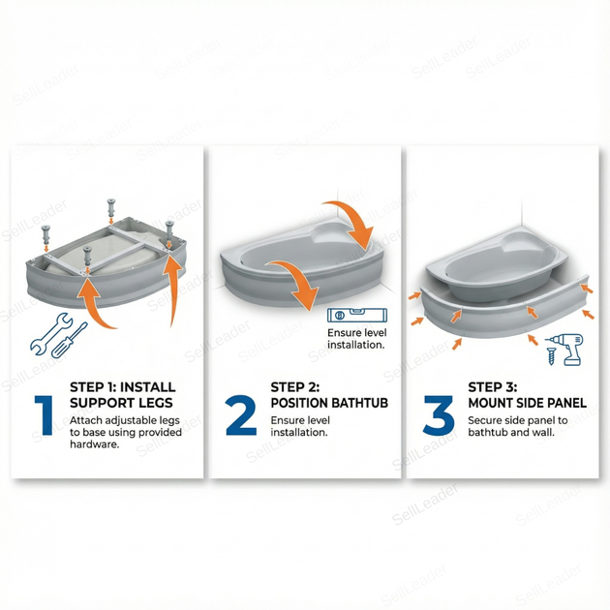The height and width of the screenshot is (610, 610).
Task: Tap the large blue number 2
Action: pyautogui.click(x=241, y=414)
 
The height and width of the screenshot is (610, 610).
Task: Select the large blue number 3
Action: pyautogui.click(x=439, y=414)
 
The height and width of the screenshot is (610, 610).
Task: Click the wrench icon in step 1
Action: pyautogui.click(x=51, y=334)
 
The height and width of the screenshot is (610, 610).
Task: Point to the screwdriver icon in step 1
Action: pyautogui.click(x=70, y=340)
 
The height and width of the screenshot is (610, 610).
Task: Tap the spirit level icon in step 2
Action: pyautogui.click(x=357, y=315)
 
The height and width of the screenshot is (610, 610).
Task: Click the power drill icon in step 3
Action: pyautogui.click(x=568, y=350)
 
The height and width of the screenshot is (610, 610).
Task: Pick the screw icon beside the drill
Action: pyautogui.click(x=551, y=356)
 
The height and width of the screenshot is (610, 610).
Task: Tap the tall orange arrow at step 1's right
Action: pyautogui.click(x=172, y=289)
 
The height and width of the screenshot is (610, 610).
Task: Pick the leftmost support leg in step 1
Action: pyautogui.click(x=46, y=237)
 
